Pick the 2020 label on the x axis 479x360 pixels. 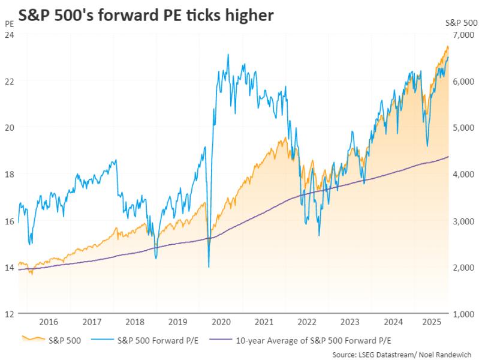pos(221,321)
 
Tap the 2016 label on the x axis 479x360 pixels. pos(49,321)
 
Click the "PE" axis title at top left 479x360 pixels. pos(8,24)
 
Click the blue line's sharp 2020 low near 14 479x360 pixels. pos(208,266)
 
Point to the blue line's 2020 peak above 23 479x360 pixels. pos(228,55)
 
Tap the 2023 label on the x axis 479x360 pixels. pos(350,321)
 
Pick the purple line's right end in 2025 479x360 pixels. pos(449,157)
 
